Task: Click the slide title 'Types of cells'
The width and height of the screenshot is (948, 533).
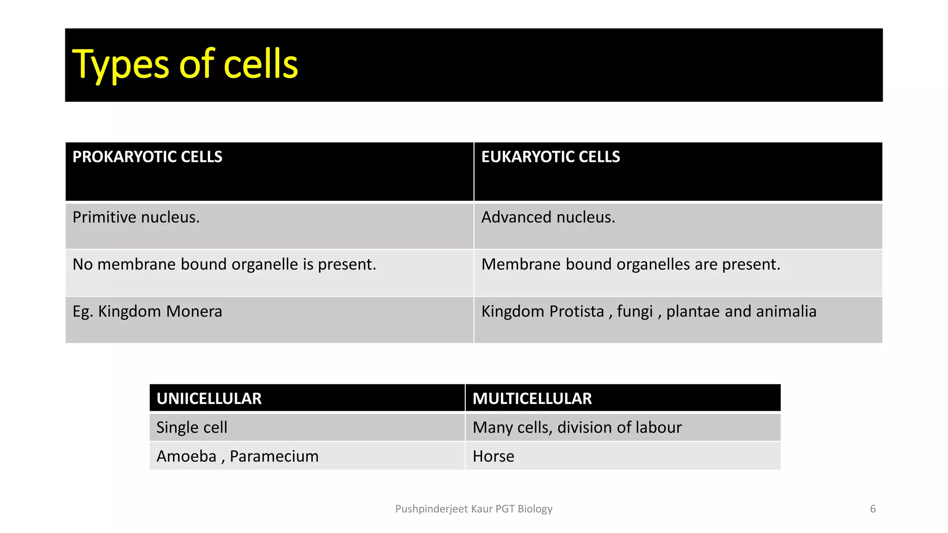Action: point(185,64)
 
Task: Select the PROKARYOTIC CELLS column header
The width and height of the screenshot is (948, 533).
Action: point(147,157)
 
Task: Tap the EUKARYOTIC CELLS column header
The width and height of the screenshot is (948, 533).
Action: point(550,157)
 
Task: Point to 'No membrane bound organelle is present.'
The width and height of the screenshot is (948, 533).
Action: point(225,264)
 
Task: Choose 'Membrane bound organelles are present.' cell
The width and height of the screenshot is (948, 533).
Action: point(631,264)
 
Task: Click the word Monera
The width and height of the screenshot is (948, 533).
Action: point(194,311)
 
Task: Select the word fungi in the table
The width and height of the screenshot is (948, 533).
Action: point(635,312)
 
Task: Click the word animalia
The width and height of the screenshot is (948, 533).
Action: point(786,311)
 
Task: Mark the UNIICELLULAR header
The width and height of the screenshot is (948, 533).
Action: point(209,398)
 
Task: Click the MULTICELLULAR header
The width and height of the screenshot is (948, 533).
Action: point(532,398)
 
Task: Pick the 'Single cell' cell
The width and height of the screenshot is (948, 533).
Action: point(192,428)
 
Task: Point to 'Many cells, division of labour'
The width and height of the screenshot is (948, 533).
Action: point(577,428)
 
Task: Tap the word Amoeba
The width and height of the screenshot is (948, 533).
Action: point(186,456)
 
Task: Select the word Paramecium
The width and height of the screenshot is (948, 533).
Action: point(274,456)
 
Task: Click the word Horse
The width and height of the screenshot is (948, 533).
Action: point(493,456)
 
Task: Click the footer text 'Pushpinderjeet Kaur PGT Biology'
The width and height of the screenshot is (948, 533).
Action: point(474,509)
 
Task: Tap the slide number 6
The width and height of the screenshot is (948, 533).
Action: point(873,509)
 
